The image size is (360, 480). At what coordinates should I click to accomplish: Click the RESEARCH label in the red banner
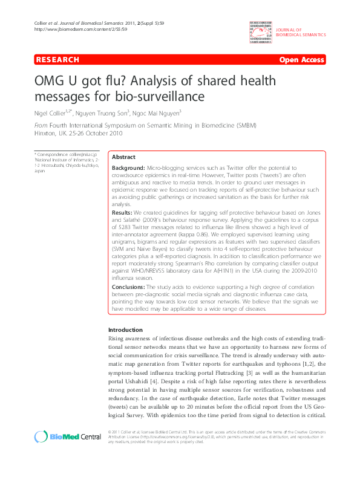[57, 60]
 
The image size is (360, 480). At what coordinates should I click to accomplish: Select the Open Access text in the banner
[301, 60]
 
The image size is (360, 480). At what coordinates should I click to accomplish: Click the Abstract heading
[124, 157]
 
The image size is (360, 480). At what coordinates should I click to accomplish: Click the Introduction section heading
[125, 329]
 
